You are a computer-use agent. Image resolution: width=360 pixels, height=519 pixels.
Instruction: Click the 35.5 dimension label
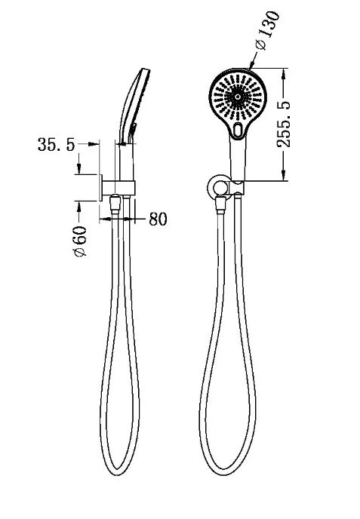point(57,145)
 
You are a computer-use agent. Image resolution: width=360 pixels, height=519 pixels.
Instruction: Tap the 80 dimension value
point(158,219)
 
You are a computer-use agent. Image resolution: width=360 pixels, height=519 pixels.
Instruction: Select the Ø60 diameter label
point(80,241)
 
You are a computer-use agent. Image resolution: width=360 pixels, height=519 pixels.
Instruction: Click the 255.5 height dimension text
point(284,124)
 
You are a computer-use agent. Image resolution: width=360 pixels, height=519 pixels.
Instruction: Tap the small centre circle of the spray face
point(238,97)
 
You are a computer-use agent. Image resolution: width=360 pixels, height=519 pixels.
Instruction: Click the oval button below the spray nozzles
point(238,130)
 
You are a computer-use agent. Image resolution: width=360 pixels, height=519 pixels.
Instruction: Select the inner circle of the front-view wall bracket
point(219,189)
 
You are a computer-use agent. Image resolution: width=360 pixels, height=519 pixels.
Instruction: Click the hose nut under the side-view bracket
point(115,203)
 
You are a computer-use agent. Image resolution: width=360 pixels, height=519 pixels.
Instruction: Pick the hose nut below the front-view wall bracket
point(220,204)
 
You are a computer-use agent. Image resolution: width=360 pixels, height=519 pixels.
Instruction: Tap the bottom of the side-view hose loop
point(118,474)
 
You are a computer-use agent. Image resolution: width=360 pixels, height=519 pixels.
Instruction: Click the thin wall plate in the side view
point(100,187)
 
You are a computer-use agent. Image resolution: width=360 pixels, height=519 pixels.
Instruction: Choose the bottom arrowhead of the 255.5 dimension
point(284,176)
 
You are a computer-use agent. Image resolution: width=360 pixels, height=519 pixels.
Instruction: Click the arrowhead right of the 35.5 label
point(94,143)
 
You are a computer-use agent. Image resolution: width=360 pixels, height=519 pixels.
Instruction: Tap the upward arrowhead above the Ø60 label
point(78,206)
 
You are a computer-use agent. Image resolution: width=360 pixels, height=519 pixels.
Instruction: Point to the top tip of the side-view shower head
point(146,69)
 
